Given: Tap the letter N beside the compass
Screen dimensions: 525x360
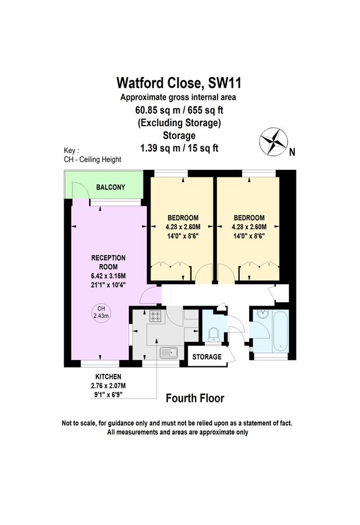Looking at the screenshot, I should point(292,153).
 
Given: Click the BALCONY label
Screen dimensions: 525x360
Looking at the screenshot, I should point(110,187).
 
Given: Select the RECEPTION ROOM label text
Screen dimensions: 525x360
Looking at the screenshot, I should point(109,262).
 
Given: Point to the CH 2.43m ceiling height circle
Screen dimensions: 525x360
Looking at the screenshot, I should point(101,312).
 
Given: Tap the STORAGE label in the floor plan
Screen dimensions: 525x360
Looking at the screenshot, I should point(207,356).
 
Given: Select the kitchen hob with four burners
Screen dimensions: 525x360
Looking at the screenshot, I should point(156,317).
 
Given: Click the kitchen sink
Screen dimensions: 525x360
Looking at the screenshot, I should point(170,352).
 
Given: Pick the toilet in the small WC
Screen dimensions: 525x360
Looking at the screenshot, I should point(214,332).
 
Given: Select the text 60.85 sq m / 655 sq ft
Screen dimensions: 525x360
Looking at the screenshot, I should point(180,110).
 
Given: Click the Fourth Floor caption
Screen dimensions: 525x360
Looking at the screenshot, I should point(195,398).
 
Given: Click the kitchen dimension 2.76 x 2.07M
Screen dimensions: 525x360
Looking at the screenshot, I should point(109,386).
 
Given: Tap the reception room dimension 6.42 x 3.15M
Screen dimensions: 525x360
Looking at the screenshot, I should point(109,276).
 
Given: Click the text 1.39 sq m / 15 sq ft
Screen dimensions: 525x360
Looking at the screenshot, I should point(180,148).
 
